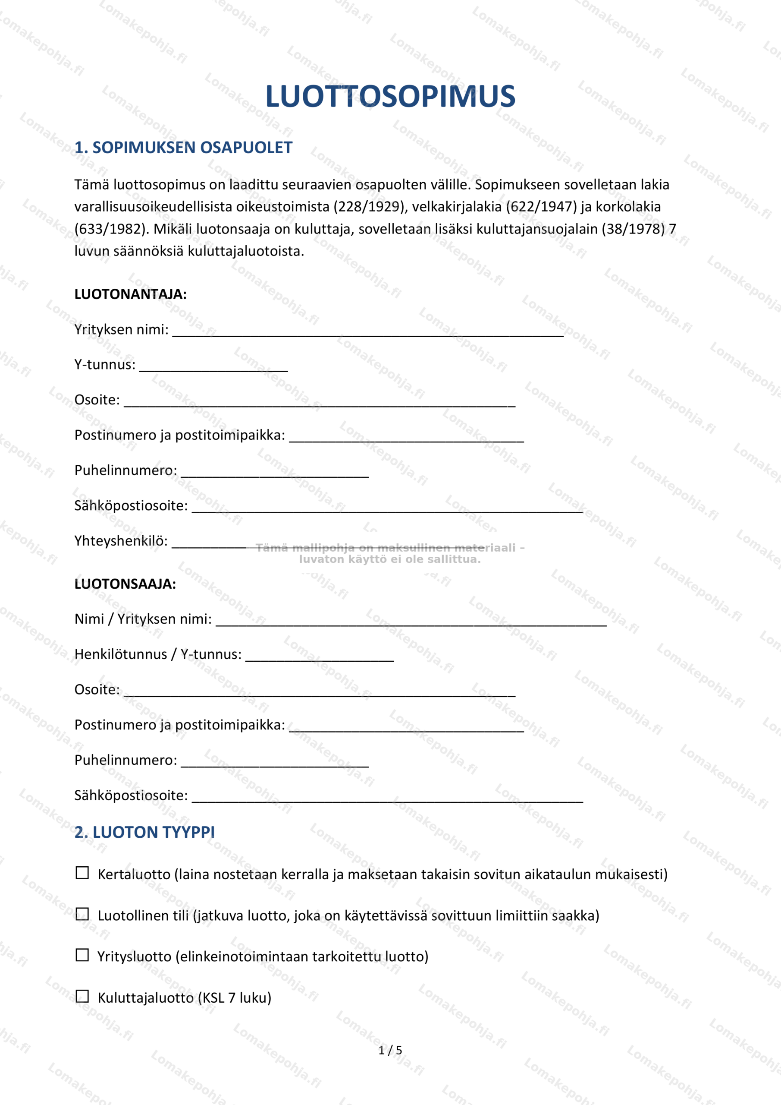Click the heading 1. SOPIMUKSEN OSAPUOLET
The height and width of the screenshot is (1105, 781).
[x=183, y=148]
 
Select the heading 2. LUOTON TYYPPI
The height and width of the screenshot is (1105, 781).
[x=144, y=832]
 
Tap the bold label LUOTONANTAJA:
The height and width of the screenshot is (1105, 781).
[x=130, y=294]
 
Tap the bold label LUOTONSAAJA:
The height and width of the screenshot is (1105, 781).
[x=125, y=584]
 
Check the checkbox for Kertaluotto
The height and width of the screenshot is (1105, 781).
[x=82, y=873]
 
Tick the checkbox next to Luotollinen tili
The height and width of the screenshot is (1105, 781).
[x=82, y=914]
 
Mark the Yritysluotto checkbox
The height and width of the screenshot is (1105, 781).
[x=82, y=955]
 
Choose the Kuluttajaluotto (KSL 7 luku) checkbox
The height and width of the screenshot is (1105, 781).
[x=82, y=996]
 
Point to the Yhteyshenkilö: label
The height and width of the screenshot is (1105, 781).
[x=121, y=541]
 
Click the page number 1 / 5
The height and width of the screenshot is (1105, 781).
[x=390, y=1050]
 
